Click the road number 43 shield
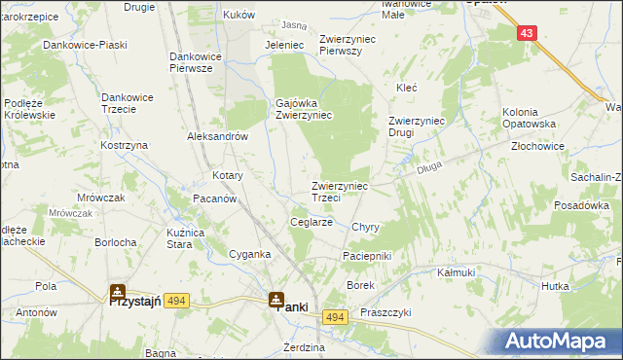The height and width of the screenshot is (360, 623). tap(527, 33)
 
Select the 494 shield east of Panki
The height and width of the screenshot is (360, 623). tap(336, 318)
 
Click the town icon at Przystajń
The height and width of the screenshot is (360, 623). tap(117, 291)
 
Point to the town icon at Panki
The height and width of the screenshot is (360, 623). tap(276, 298)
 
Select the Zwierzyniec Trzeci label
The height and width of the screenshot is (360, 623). tap(340, 191)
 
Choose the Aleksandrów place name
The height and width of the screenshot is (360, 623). tap(218, 137)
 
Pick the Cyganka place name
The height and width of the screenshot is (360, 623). tap(248, 254)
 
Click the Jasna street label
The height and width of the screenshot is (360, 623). tap(293, 24)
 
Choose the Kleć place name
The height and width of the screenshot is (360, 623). tap(406, 88)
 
